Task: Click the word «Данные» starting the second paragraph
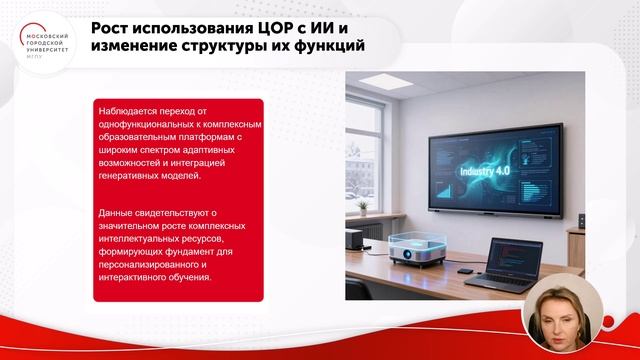(116, 212)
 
